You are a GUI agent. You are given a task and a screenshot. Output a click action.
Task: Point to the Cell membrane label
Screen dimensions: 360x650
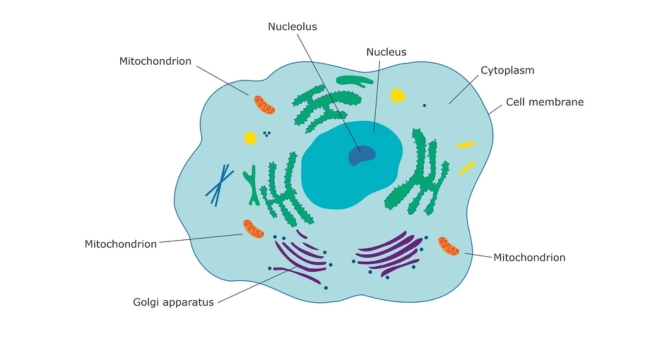(x=544, y=102)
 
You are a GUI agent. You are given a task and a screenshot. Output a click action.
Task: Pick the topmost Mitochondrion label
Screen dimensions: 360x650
(x=155, y=61)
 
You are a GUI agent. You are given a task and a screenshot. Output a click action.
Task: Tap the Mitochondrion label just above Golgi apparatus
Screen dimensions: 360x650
(x=121, y=243)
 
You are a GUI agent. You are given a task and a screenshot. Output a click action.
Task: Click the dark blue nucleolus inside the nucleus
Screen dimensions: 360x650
(x=361, y=155)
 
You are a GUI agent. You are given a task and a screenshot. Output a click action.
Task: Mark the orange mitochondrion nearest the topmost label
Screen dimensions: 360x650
(x=264, y=104)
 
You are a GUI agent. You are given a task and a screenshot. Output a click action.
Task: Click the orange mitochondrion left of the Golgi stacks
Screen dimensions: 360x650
(x=254, y=229)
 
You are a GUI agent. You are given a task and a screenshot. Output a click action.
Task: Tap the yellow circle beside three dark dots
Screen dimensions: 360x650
(x=250, y=138)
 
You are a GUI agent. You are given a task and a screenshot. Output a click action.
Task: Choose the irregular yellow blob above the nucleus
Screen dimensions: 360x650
(x=397, y=96)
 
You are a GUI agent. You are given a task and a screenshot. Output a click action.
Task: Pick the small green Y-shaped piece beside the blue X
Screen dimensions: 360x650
(x=251, y=186)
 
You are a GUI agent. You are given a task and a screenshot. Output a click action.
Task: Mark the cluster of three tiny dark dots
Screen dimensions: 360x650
(x=267, y=134)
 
